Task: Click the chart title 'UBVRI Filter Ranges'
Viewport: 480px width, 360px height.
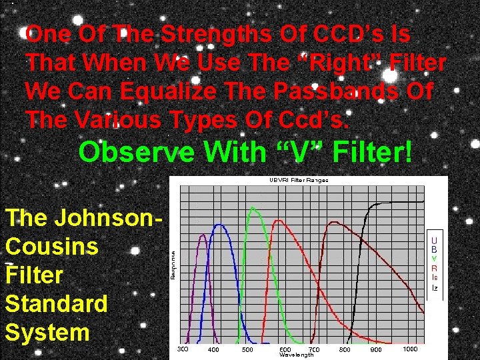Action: pos(299,180)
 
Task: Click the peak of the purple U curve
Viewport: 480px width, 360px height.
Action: pos(203,234)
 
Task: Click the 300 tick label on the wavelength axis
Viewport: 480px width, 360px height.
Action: pos(183,349)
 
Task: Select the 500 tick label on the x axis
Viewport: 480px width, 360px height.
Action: pos(247,349)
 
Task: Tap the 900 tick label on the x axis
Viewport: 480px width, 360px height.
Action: pos(376,349)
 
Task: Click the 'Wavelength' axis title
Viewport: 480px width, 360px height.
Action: pos(297,355)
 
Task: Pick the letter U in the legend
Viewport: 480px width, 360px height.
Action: pos(435,239)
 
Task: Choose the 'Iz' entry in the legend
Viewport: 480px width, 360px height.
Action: pos(435,288)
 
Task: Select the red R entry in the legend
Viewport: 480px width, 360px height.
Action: pos(435,268)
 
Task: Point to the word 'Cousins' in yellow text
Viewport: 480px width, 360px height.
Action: pos(52,246)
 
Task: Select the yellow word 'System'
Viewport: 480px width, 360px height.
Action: pos(47,332)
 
